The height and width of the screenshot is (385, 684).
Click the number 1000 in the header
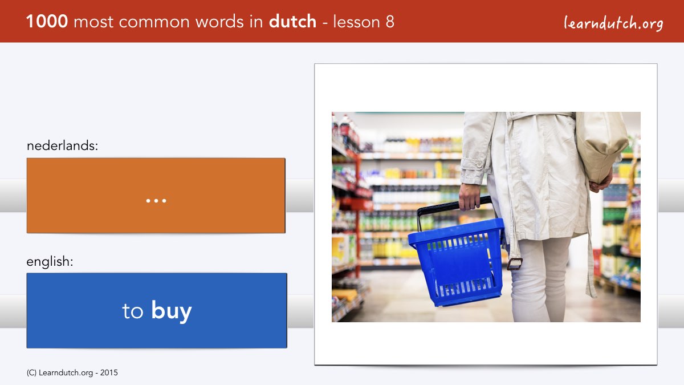pos(47,22)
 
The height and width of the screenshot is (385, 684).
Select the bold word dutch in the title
pos(292,22)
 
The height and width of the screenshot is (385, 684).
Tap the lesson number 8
pos(390,22)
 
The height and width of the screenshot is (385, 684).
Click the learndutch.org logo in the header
pos(613,23)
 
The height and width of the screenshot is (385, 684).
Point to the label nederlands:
pos(62,145)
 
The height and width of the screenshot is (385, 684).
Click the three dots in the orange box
pos(156,201)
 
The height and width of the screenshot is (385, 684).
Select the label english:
pos(50,262)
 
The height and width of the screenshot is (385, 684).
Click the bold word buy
pos(172,310)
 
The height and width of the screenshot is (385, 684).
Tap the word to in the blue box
pos(132,311)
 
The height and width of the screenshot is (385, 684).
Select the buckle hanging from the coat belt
pos(515,264)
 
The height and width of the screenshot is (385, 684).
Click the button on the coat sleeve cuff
pos(479,164)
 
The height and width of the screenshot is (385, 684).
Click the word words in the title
pos(220,22)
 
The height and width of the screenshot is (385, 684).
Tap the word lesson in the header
pos(356,22)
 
